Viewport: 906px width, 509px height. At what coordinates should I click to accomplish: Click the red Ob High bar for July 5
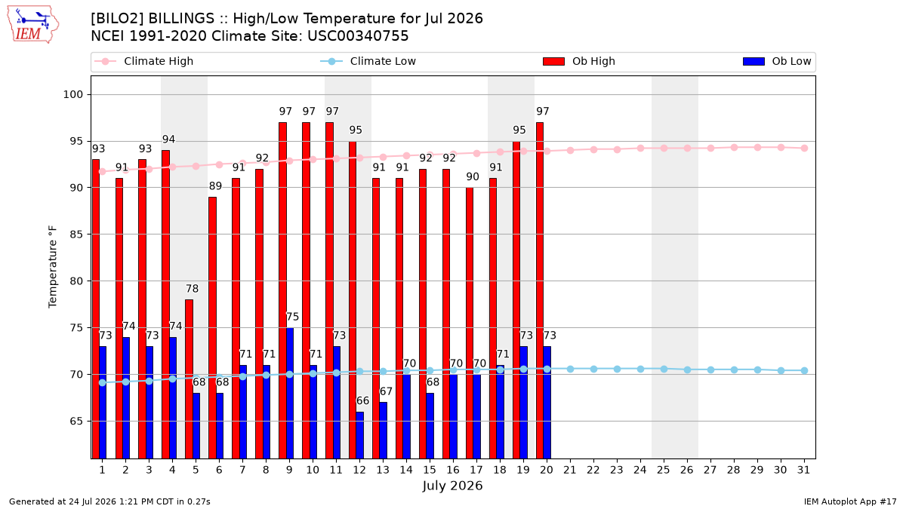189,379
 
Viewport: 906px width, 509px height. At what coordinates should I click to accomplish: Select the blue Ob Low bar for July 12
359,435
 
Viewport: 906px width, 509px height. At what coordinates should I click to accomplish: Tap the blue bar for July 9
290,393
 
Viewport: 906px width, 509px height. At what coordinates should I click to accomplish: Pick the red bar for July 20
540,290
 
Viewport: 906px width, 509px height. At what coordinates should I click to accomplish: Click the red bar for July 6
212,327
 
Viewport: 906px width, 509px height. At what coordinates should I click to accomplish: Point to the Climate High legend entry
143,61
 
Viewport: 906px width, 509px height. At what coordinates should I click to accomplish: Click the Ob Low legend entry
777,61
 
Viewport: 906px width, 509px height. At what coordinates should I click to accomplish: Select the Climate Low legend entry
368,61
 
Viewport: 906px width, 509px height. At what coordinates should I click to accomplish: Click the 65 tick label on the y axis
76,422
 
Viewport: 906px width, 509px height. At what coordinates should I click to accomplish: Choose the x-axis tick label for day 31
803,471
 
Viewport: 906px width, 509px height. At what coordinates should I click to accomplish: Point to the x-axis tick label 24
640,471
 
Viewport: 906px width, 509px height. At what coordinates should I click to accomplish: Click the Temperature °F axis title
53,267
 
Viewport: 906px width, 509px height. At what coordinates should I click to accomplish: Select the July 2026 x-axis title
452,486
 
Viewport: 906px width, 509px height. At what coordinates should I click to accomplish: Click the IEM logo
32,25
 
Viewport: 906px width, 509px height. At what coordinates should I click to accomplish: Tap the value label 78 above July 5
192,289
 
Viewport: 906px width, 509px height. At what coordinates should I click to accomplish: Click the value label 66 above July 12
362,400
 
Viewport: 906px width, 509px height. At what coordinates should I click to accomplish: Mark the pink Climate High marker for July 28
734,148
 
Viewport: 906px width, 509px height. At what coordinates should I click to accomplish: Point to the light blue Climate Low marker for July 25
664,369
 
